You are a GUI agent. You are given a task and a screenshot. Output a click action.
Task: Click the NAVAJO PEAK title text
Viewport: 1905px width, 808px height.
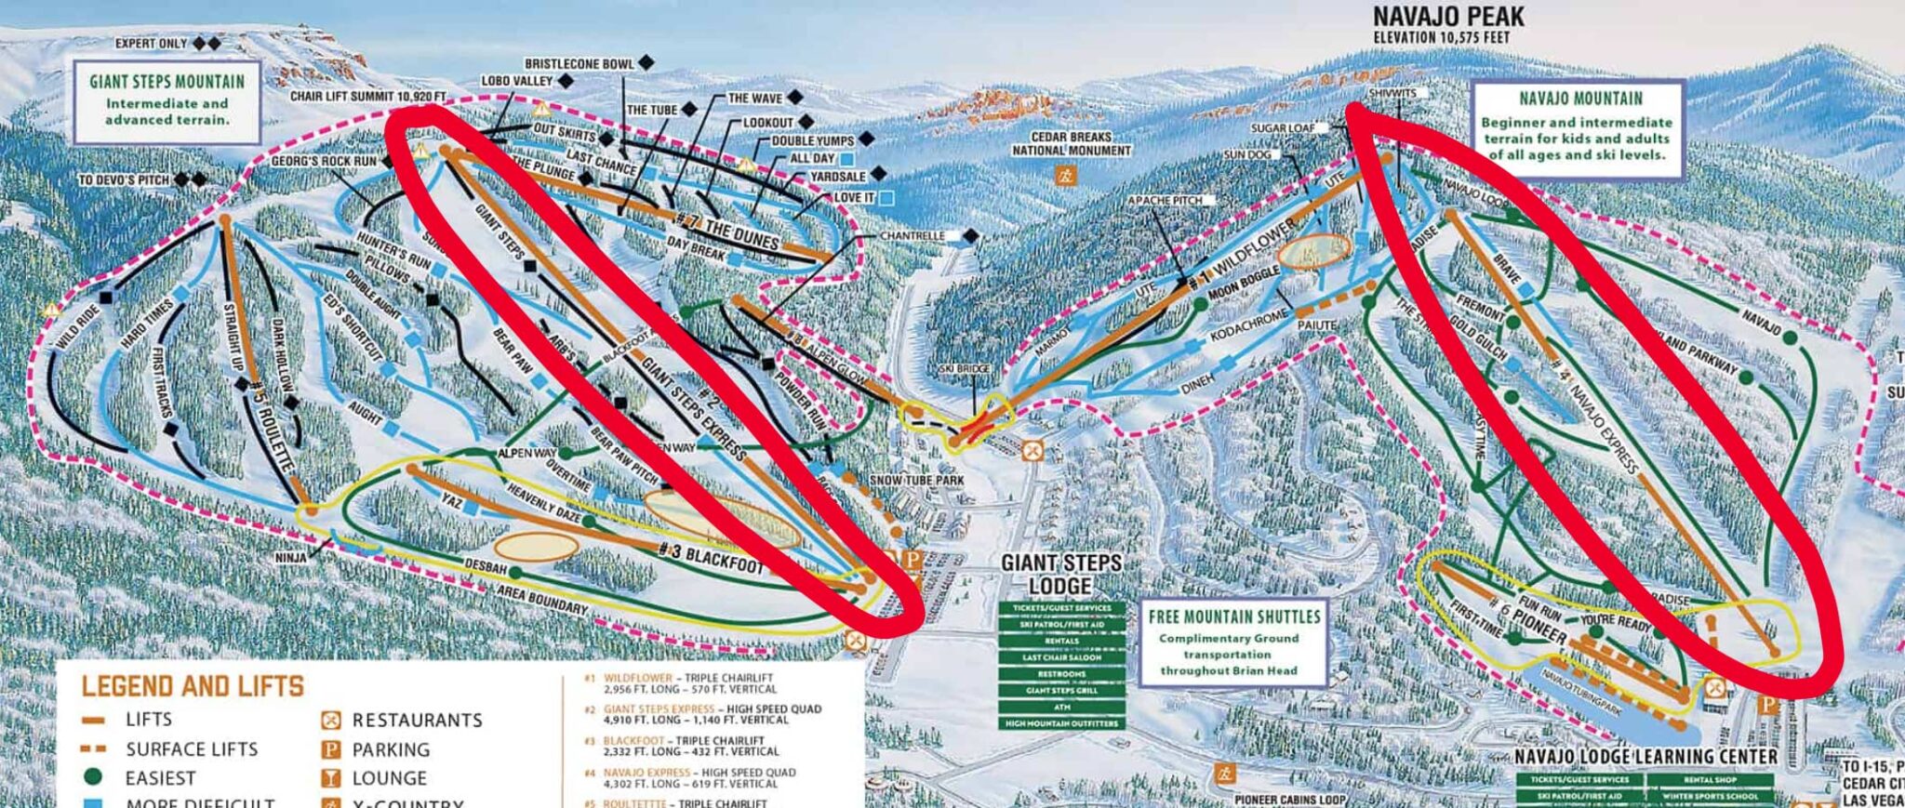point(1448,16)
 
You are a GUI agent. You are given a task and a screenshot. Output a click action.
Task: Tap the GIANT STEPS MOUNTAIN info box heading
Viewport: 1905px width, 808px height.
point(167,81)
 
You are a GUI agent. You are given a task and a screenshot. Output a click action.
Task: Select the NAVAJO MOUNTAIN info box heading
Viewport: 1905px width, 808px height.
point(1580,99)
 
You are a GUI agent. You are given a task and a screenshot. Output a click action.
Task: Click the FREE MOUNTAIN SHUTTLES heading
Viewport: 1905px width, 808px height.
point(1233,616)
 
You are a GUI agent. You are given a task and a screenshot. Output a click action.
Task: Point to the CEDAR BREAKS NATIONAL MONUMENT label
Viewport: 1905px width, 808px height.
point(1072,143)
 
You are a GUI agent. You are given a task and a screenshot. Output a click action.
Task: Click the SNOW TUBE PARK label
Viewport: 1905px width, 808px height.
point(916,480)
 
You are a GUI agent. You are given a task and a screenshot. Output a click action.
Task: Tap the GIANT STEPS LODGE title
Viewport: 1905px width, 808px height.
point(1060,574)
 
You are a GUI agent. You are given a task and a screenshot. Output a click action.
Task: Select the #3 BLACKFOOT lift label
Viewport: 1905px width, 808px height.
point(711,557)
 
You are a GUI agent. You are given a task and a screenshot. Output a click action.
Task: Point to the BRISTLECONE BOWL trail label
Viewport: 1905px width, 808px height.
point(579,64)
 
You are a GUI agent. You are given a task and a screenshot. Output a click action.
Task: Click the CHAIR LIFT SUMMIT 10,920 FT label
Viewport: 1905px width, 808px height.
point(367,97)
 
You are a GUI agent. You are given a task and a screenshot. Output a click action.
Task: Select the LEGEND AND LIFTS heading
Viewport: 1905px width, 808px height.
point(193,686)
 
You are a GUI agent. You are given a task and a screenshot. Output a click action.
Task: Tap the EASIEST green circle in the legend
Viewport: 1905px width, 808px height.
point(92,777)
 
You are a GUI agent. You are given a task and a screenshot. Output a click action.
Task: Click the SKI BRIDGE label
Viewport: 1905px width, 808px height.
point(964,369)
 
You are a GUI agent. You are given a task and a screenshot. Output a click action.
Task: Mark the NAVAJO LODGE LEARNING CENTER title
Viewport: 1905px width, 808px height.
point(1645,756)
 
